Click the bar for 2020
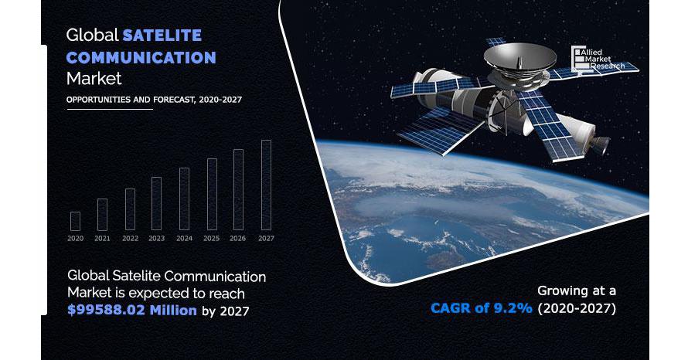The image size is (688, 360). coord(76,222)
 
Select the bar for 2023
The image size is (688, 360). coord(157,203)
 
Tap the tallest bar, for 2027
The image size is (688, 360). coord(267,185)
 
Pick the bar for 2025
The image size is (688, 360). coord(212,194)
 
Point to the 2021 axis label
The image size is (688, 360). coord(102,239)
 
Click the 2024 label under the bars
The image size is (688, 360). coord(184,239)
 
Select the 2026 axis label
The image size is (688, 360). coord(238,239)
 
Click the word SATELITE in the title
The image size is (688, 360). coord(162,35)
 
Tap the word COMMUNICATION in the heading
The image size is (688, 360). coord(141,57)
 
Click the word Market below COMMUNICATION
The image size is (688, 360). coord(94,79)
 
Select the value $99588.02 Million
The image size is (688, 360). coord(132,310)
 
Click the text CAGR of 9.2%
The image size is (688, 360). coord(482,307)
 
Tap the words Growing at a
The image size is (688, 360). coord(577,290)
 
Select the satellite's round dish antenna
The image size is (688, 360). coord(520,58)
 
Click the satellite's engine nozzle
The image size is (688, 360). coord(599,144)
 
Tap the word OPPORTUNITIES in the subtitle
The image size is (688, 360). coord(98,100)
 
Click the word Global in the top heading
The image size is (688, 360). coord(93,35)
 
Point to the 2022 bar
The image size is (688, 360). coord(130,209)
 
